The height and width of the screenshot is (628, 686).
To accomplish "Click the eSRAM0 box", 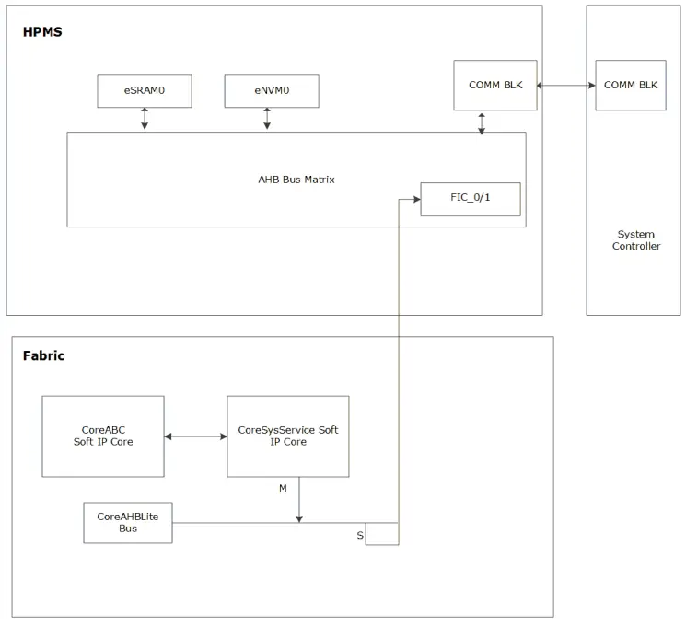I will (145, 90).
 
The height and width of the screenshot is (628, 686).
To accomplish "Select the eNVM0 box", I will (271, 90).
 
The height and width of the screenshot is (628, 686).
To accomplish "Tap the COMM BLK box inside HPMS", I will (494, 85).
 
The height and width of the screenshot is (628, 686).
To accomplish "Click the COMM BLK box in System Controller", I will (630, 85).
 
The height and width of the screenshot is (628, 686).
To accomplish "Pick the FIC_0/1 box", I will (470, 199).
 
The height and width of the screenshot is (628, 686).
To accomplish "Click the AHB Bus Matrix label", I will (296, 180).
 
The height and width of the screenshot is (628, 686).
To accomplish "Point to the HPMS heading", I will (42, 33).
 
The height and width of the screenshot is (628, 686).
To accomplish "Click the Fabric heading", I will (43, 355).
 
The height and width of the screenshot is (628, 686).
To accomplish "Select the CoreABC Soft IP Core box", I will (103, 436).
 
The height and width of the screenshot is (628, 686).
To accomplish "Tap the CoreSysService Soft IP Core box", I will (287, 436).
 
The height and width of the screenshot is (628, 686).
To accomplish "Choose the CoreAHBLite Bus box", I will (127, 523).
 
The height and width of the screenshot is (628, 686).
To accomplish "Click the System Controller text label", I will (636, 240).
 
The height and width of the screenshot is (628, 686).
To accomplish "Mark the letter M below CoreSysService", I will (283, 488).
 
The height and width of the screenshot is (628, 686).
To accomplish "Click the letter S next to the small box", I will (359, 535).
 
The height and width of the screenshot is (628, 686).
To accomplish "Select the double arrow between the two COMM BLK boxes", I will (565, 86).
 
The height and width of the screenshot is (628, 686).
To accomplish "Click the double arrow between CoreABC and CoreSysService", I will (195, 436).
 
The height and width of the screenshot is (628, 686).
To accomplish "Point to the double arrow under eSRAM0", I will (145, 119).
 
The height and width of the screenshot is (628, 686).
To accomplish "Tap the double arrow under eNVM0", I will (267, 119).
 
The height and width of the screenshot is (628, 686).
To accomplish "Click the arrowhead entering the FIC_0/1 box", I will (416, 199).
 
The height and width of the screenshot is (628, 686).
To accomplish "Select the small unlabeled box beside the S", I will (382, 534).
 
